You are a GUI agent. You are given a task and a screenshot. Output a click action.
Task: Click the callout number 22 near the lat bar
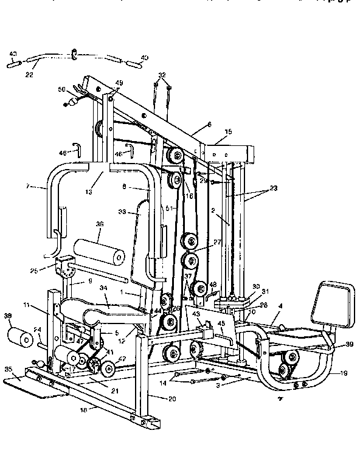(x=29, y=75)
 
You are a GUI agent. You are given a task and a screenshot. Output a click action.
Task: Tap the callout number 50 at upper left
(x=61, y=89)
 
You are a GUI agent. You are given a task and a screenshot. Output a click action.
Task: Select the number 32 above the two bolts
(x=161, y=75)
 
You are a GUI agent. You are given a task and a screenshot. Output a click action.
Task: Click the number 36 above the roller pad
(x=100, y=224)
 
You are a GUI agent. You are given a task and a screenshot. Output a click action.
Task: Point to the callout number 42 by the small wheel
(x=121, y=359)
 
